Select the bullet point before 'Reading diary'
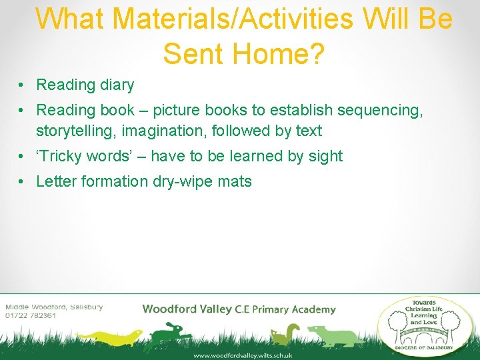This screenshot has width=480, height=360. click(x=23, y=85)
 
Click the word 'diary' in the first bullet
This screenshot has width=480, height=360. click(x=117, y=85)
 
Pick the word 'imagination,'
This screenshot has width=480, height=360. click(x=167, y=131)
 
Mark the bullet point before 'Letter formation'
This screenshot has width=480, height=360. click(x=23, y=181)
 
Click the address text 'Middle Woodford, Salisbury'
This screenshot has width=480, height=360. click(x=54, y=307)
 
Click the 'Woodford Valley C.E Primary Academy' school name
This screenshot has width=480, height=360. click(x=239, y=309)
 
